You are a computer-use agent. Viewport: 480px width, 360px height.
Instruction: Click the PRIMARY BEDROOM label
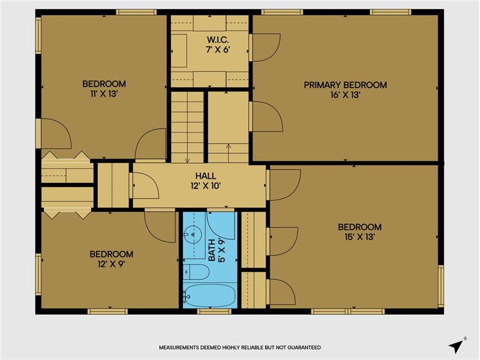click(x=346, y=85)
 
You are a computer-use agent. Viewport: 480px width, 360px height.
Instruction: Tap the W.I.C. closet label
click(x=218, y=40)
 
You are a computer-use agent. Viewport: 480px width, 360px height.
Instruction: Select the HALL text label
click(x=206, y=176)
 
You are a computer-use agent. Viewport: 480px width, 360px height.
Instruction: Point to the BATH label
click(x=212, y=250)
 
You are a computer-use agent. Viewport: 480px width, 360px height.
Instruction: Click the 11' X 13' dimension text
click(x=104, y=94)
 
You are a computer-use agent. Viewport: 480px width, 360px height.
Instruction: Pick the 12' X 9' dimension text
click(x=111, y=264)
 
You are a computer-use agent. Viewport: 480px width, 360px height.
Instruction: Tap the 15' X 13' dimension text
click(x=359, y=237)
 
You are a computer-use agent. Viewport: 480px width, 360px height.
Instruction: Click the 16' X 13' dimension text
click(x=346, y=95)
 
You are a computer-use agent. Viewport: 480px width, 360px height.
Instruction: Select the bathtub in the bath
click(x=209, y=295)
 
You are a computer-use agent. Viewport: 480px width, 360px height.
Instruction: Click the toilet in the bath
click(x=197, y=272)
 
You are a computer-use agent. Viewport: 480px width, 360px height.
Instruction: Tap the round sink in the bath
click(x=193, y=235)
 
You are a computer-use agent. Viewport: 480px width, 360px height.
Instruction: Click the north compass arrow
click(x=457, y=345)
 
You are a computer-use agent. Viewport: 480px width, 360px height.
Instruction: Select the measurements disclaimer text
click(x=240, y=347)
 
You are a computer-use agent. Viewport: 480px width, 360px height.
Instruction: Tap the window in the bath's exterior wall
click(x=214, y=311)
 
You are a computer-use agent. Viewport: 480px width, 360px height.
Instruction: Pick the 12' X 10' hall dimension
click(x=206, y=186)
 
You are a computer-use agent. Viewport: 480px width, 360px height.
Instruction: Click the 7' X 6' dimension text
click(x=218, y=49)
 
